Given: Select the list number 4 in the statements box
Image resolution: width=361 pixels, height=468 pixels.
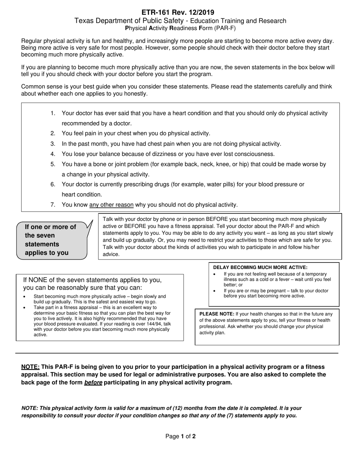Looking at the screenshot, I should [53, 154].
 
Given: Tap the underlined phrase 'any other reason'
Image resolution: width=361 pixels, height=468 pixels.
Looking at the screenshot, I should [111, 205].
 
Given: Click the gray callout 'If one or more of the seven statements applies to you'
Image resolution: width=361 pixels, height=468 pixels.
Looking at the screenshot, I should [51, 240].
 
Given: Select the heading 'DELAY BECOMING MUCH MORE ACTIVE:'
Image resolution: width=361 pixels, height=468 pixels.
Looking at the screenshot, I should [260, 267].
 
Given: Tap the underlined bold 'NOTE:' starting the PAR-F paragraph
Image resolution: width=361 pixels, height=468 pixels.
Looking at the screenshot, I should [30, 367].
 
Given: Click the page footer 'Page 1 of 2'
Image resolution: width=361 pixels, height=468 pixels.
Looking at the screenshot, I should [180, 436].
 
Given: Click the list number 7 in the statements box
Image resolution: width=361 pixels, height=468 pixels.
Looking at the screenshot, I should [53, 205].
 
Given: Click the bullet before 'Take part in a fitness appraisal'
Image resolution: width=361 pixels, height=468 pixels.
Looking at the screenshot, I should [25, 307].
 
